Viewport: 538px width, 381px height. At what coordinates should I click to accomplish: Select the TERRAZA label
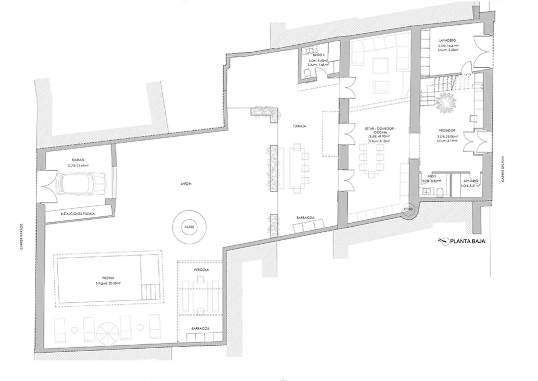pyautogui.click(x=299, y=127)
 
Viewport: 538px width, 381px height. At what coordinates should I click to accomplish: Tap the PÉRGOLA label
pyautogui.click(x=201, y=269)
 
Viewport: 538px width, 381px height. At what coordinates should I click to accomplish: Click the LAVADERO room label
pyautogui.click(x=448, y=40)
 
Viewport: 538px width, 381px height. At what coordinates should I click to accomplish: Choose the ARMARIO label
pyautogui.click(x=471, y=180)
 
